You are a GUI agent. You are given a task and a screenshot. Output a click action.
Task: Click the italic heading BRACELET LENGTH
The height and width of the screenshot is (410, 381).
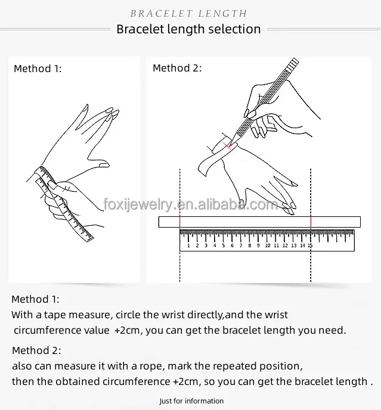tap(188, 13)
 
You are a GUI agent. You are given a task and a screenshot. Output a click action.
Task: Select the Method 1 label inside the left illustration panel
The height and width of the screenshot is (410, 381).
tap(38, 69)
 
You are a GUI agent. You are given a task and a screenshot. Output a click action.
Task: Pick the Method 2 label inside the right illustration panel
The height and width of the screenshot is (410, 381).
tap(177, 68)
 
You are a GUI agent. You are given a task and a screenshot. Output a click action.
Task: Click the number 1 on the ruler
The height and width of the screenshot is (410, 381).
tap(188, 246)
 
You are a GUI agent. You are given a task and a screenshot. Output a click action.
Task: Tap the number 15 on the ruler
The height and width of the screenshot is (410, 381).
tap(310, 246)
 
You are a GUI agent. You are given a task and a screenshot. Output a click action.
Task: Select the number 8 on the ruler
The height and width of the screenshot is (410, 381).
tap(249, 246)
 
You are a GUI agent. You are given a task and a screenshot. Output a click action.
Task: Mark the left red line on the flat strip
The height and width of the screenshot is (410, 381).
tap(180, 222)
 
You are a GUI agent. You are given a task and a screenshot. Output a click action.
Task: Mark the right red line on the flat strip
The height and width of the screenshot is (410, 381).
tap(310, 222)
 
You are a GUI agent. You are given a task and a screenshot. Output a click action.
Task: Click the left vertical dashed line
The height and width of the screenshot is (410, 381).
tap(180, 262)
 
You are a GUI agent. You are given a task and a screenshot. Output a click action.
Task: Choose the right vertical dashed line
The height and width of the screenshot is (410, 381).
tap(310, 262)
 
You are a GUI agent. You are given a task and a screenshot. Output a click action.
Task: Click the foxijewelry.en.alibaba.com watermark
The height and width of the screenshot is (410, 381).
tap(190, 205)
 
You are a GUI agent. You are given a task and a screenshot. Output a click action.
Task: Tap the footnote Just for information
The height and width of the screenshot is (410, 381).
tap(191, 401)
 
